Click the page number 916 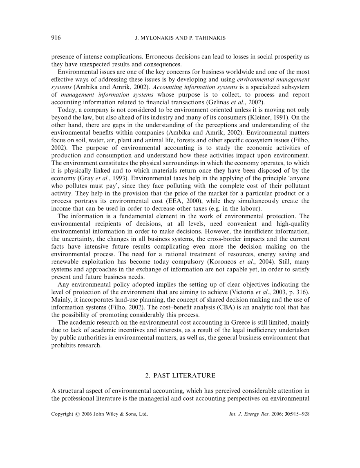pos(56,38)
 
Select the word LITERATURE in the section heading pos(194,374)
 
